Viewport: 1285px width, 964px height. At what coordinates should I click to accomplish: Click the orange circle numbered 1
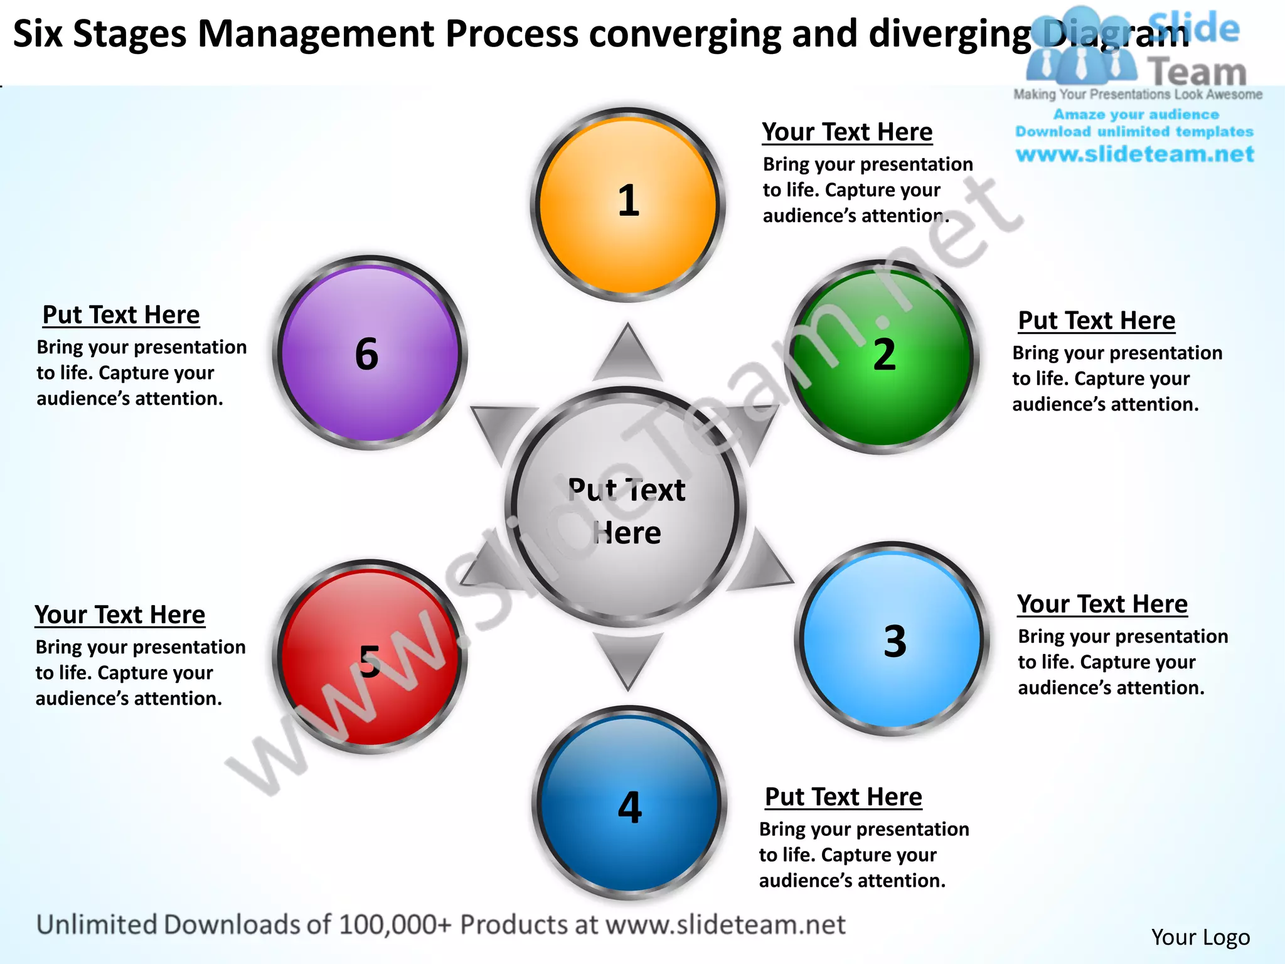[628, 205]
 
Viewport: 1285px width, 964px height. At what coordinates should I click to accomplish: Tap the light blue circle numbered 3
[892, 639]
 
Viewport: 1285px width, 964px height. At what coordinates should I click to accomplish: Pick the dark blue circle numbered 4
[629, 803]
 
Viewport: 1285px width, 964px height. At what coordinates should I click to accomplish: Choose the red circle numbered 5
[370, 656]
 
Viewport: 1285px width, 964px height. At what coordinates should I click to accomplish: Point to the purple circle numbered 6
[370, 353]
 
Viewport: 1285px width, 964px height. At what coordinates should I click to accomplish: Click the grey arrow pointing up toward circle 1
[627, 355]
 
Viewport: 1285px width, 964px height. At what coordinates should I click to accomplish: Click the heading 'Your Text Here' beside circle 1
[847, 132]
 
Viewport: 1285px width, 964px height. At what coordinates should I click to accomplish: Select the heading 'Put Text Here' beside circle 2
[1096, 321]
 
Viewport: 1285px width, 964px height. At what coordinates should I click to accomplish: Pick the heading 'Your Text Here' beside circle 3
[1102, 604]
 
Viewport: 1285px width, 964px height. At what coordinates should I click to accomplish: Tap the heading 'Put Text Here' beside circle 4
[843, 797]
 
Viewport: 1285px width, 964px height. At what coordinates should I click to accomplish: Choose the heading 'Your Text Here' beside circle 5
[120, 615]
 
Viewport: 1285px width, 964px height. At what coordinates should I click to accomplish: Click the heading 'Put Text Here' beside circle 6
[121, 315]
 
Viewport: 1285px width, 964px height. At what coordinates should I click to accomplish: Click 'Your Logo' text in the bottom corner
[1200, 937]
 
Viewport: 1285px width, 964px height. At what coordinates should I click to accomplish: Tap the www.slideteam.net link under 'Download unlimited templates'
[1134, 154]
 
